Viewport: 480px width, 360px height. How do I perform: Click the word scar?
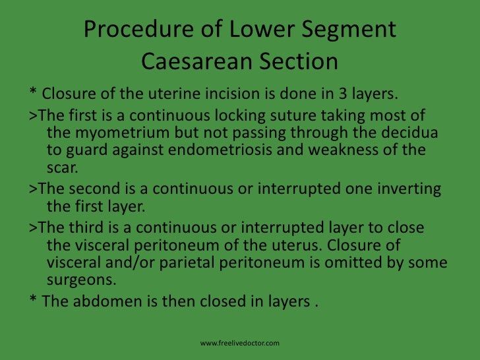point(62,167)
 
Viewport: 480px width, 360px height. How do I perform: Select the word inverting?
point(409,188)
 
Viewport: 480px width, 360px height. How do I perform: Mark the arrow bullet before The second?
point(33,189)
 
